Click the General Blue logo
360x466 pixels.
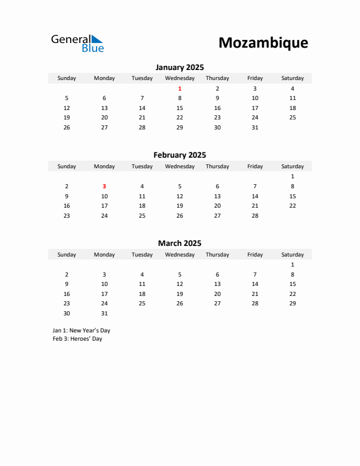pyautogui.click(x=77, y=43)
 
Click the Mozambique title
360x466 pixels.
pyautogui.click(x=263, y=43)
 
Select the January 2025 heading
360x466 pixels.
pyautogui.click(x=179, y=68)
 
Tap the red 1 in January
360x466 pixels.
pyautogui.click(x=179, y=88)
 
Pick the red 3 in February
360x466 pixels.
pyautogui.click(x=104, y=186)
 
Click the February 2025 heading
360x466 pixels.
pyautogui.click(x=179, y=155)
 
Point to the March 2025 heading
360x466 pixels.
pyautogui.click(x=179, y=243)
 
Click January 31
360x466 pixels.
pyautogui.click(x=255, y=127)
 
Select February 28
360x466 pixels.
pyautogui.click(x=255, y=215)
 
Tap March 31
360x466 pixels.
pyautogui.click(x=104, y=313)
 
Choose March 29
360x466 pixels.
pyautogui.click(x=292, y=304)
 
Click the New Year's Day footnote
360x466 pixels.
pyautogui.click(x=81, y=331)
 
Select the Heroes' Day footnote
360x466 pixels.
pyautogui.click(x=77, y=339)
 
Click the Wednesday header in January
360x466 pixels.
pyautogui.click(x=179, y=78)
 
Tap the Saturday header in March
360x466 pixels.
pyautogui.click(x=292, y=255)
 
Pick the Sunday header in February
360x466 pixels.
pyautogui.click(x=66, y=167)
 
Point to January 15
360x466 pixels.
pyautogui.click(x=179, y=108)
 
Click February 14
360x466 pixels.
pyautogui.click(x=255, y=196)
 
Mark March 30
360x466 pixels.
pyautogui.click(x=66, y=313)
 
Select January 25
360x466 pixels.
pyautogui.click(x=292, y=118)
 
